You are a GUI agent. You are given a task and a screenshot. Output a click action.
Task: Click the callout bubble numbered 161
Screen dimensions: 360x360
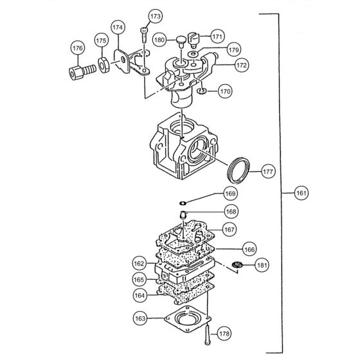[x=300, y=192]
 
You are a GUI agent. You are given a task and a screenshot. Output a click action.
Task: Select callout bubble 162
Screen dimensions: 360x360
[x=139, y=264]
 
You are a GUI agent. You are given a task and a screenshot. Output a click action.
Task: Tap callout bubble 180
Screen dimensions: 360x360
[x=160, y=40]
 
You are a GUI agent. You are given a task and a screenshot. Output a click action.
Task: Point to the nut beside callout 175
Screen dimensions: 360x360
[x=102, y=64]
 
